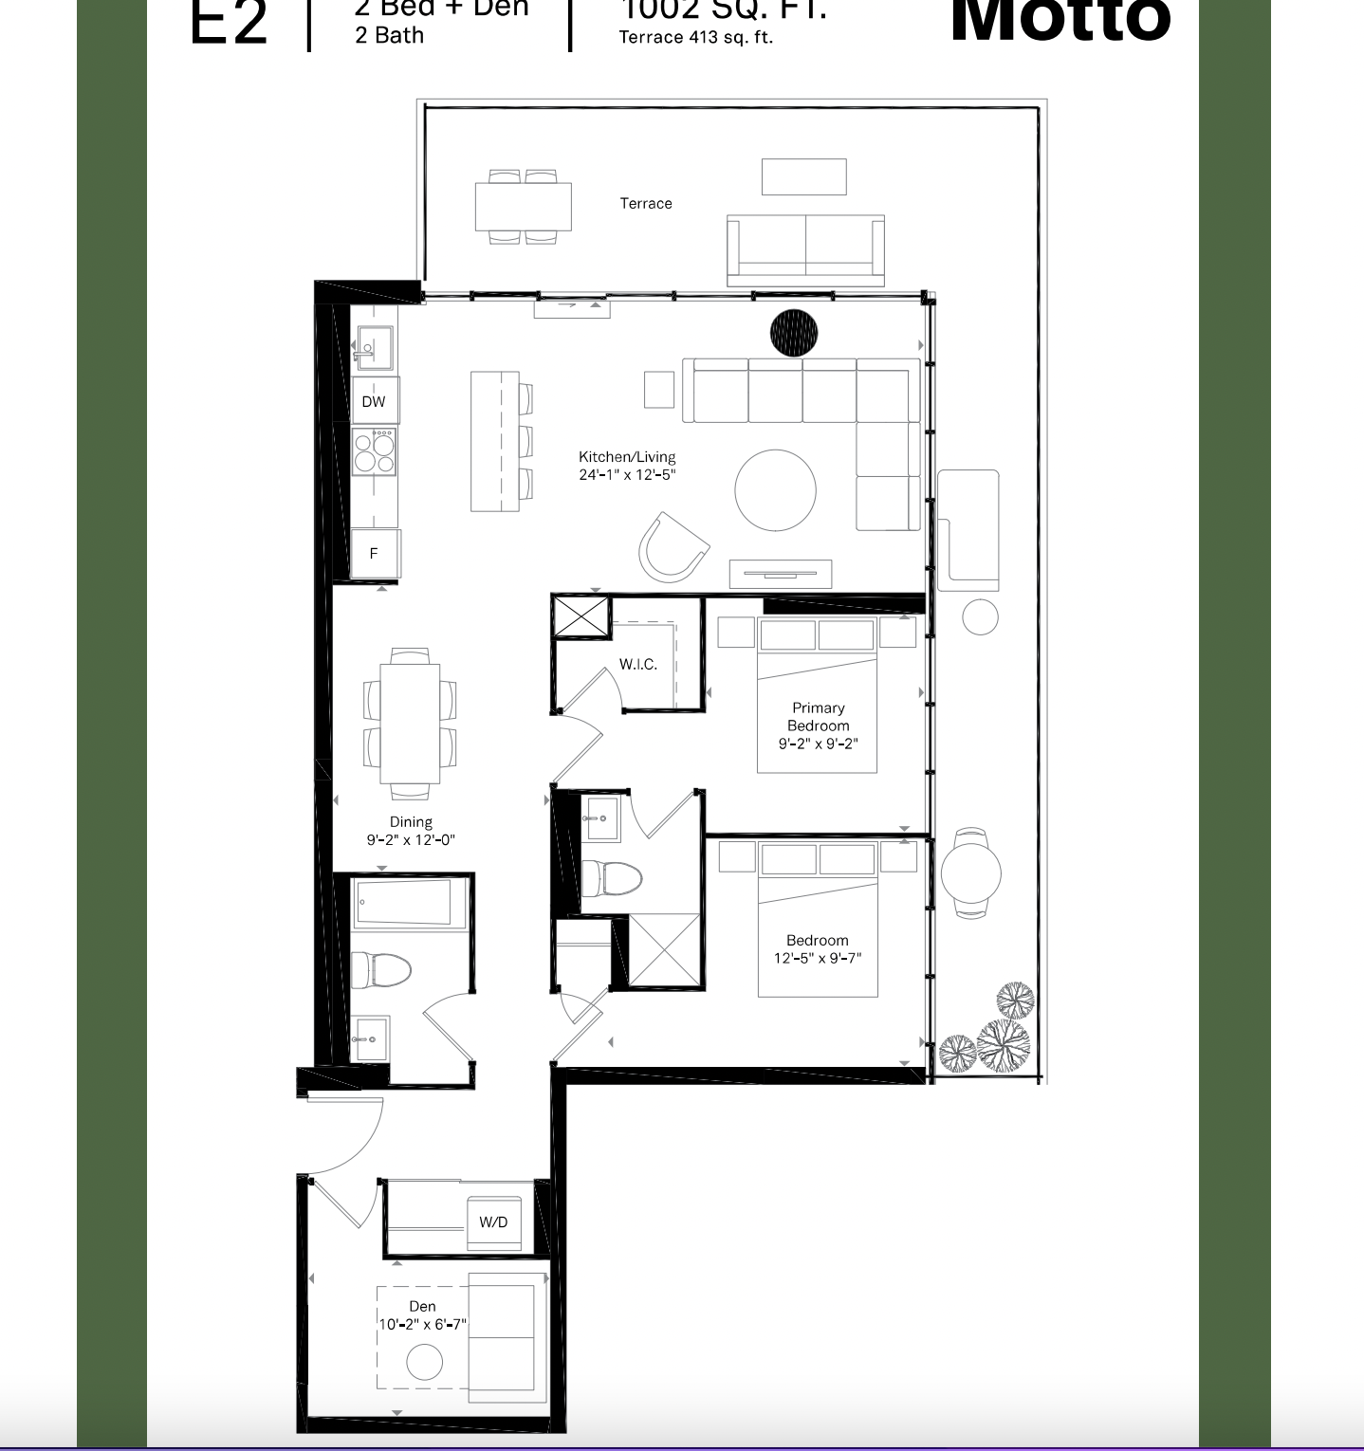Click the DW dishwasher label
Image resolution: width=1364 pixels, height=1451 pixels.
pyautogui.click(x=374, y=401)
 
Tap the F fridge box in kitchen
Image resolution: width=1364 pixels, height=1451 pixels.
pyautogui.click(x=374, y=553)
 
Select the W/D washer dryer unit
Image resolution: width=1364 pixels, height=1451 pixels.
pyautogui.click(x=493, y=1221)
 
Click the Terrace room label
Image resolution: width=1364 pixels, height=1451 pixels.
pyautogui.click(x=646, y=204)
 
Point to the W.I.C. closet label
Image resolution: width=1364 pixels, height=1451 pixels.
pyautogui.click(x=638, y=665)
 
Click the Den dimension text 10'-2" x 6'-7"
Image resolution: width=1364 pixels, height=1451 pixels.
pyautogui.click(x=423, y=1324)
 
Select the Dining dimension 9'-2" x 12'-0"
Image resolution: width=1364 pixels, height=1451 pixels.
pyautogui.click(x=411, y=839)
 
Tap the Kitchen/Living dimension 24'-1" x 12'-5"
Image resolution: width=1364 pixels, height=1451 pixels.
pyautogui.click(x=627, y=474)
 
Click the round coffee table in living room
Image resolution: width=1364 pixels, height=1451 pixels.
pyautogui.click(x=775, y=490)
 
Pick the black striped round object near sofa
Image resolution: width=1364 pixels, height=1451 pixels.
pyautogui.click(x=793, y=333)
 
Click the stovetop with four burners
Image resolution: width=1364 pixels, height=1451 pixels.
pyautogui.click(x=374, y=451)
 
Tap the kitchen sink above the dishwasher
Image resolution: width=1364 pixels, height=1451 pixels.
pyautogui.click(x=375, y=347)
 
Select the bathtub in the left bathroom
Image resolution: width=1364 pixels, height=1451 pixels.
pyautogui.click(x=403, y=902)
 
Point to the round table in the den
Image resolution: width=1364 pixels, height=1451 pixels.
pyautogui.click(x=424, y=1363)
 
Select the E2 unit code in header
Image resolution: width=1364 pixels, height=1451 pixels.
pyautogui.click(x=229, y=24)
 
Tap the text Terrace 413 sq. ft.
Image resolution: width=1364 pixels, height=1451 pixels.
pyautogui.click(x=695, y=38)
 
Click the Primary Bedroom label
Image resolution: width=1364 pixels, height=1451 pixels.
pyautogui.click(x=818, y=717)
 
